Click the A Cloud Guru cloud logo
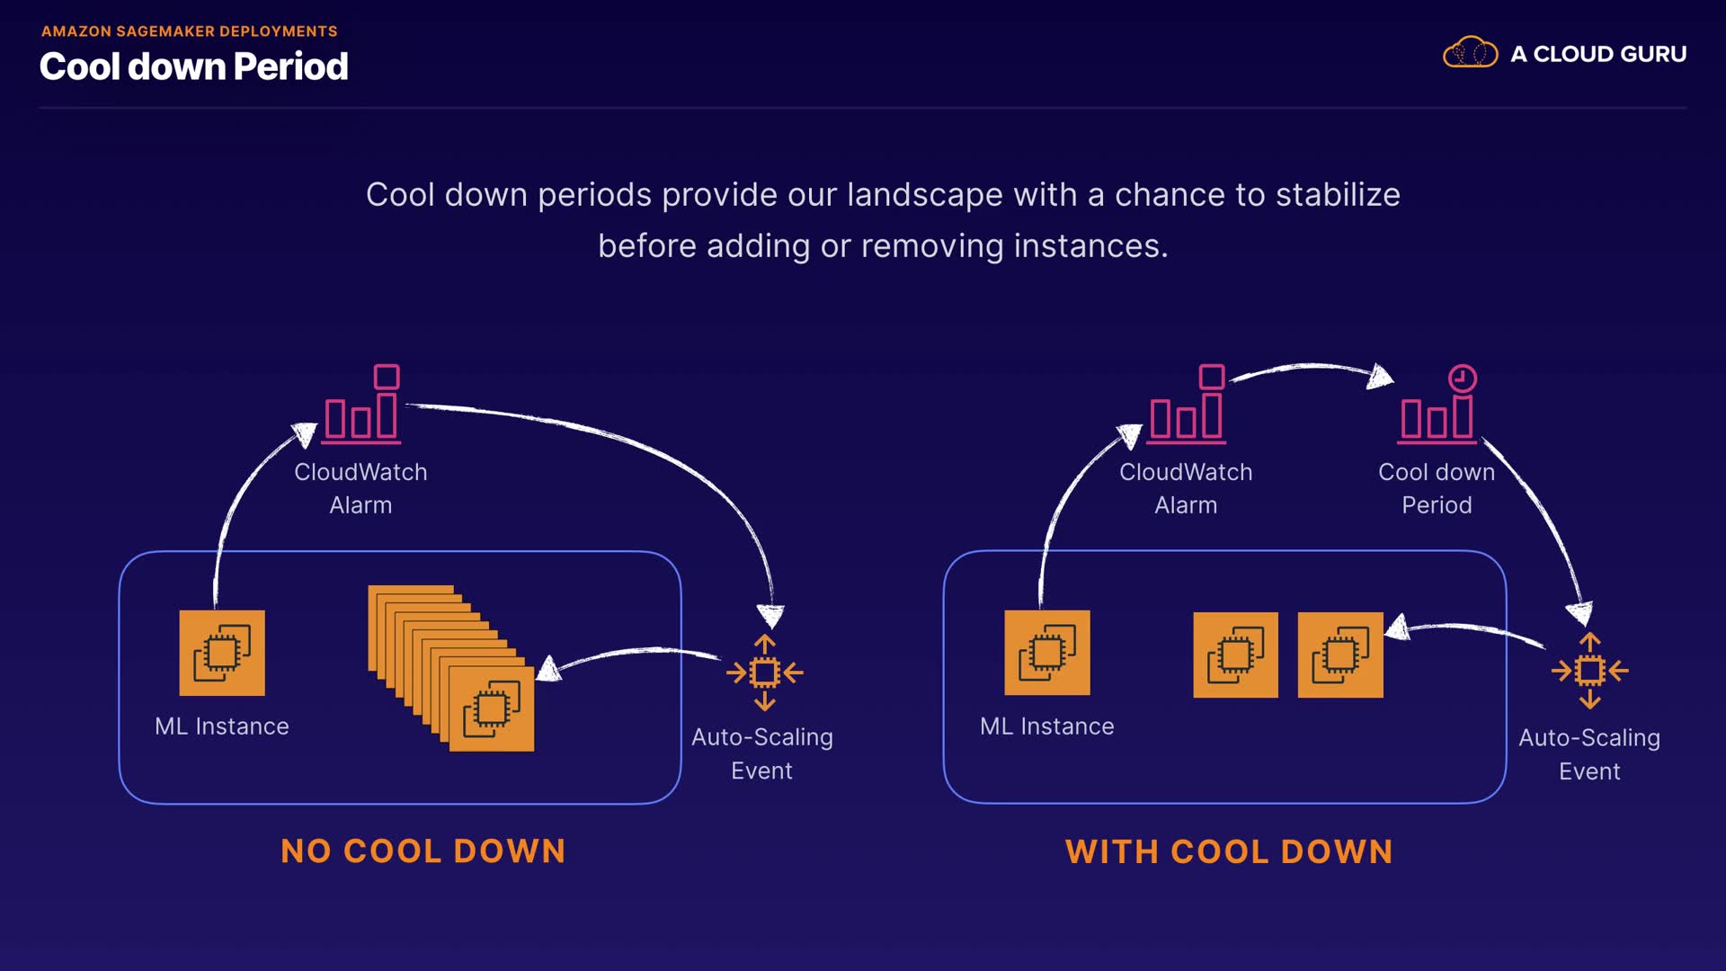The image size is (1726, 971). click(x=1470, y=53)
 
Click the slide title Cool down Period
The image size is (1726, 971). click(x=193, y=67)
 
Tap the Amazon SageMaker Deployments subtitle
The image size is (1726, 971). click(x=189, y=31)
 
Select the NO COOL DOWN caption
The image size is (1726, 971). click(x=423, y=851)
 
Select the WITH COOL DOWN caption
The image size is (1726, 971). click(x=1229, y=851)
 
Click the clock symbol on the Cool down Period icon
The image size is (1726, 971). click(x=1463, y=378)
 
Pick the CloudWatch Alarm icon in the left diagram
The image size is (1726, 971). click(x=362, y=405)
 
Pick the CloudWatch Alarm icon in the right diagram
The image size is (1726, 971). click(x=1188, y=405)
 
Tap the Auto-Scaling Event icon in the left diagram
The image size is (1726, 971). click(x=764, y=673)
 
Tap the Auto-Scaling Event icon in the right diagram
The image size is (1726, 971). click(x=1589, y=671)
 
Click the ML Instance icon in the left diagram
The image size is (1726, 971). click(x=222, y=653)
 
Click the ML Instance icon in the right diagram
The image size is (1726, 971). click(x=1047, y=653)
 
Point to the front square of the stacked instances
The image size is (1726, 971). click(x=491, y=708)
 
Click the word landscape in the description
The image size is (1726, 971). click(x=924, y=195)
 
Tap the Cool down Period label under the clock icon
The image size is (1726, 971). click(x=1437, y=488)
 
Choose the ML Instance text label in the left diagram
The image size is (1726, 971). click(x=222, y=726)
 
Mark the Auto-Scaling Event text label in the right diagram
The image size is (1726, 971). click(x=1589, y=754)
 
